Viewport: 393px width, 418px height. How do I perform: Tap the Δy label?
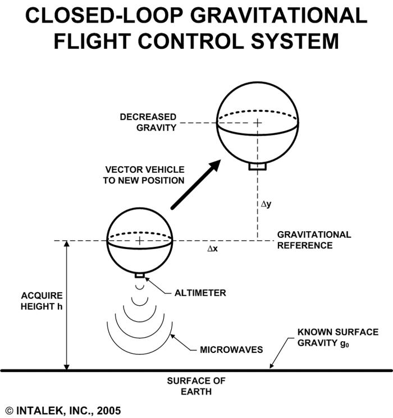[x=266, y=204]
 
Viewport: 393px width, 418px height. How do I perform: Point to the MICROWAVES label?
[x=231, y=350]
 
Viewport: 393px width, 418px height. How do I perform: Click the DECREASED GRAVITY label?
[x=148, y=122]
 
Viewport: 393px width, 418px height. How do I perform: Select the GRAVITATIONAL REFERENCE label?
[x=314, y=240]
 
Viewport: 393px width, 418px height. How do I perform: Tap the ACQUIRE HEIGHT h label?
[x=42, y=301]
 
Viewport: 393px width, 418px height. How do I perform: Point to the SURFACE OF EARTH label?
[x=196, y=385]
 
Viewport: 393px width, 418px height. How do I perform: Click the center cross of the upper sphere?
[x=257, y=122]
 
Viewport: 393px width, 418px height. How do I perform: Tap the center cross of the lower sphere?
[x=139, y=241]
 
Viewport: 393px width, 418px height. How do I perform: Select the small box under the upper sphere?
[x=258, y=167]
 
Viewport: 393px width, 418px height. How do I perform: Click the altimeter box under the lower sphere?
[x=140, y=275]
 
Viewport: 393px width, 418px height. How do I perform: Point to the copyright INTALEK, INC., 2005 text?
[x=63, y=411]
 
